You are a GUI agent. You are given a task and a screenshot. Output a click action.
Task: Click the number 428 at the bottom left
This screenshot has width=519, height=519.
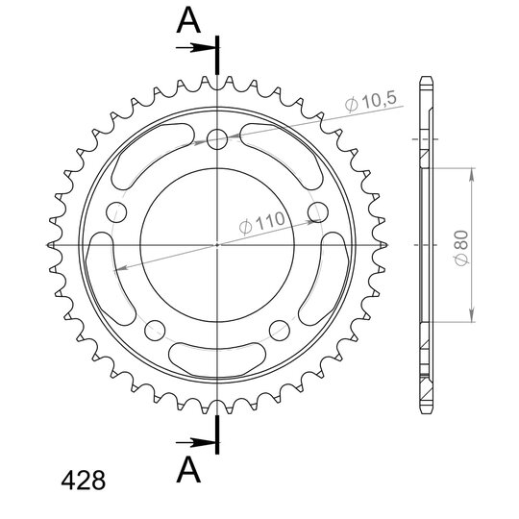(x=84, y=480)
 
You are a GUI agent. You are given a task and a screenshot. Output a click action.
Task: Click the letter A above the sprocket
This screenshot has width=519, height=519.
(x=188, y=20)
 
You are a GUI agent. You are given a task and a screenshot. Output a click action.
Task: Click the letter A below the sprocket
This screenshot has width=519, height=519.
(x=188, y=470)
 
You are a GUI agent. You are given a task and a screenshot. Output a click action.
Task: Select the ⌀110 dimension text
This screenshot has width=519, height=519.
(x=261, y=223)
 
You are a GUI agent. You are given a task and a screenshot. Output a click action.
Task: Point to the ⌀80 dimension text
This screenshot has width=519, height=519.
(x=461, y=248)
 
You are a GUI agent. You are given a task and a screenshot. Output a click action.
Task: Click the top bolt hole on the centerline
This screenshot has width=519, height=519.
(x=217, y=139)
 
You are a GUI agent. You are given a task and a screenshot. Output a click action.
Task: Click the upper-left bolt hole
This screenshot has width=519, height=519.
(x=116, y=211)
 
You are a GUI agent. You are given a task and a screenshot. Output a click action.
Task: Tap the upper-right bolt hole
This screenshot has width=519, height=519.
(x=318, y=211)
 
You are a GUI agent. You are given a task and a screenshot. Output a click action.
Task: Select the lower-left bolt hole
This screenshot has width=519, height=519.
(x=155, y=330)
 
